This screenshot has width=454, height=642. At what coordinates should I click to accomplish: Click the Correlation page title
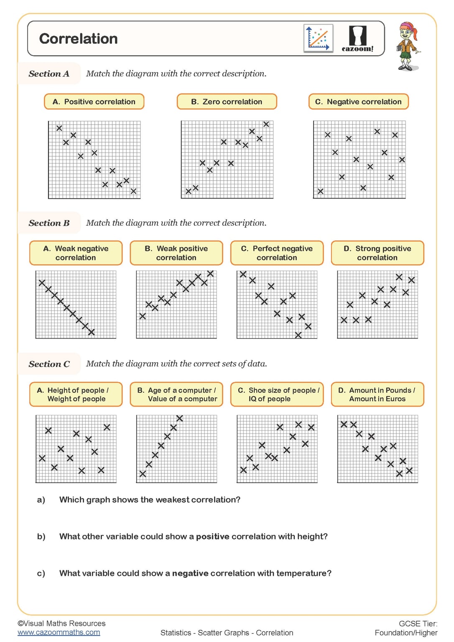click(78, 38)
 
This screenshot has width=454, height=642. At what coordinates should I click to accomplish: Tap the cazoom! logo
click(357, 39)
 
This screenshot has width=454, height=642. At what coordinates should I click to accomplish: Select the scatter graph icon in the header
click(318, 38)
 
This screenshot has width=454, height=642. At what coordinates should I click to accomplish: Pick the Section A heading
click(49, 74)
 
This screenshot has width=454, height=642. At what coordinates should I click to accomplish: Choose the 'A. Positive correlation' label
click(94, 102)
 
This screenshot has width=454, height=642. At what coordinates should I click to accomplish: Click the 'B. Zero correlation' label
click(227, 102)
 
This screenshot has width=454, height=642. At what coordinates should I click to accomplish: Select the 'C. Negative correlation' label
click(358, 102)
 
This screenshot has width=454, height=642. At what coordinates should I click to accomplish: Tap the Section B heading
click(49, 223)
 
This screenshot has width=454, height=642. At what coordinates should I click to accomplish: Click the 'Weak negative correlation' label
click(76, 253)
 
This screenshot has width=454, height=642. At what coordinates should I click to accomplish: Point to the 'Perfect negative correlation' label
click(277, 253)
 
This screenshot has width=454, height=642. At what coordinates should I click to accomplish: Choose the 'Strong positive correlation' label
click(377, 253)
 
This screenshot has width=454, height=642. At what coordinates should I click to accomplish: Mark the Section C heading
click(49, 364)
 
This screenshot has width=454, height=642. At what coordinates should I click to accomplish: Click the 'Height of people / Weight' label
click(76, 394)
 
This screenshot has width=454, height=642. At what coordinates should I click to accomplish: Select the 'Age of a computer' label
click(176, 394)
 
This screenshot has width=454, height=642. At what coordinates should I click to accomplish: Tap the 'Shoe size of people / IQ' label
click(277, 394)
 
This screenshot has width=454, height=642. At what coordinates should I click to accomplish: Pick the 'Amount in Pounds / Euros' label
click(377, 394)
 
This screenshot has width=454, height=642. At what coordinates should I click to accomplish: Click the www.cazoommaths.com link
click(59, 632)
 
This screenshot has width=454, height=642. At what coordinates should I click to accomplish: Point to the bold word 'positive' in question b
click(213, 536)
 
